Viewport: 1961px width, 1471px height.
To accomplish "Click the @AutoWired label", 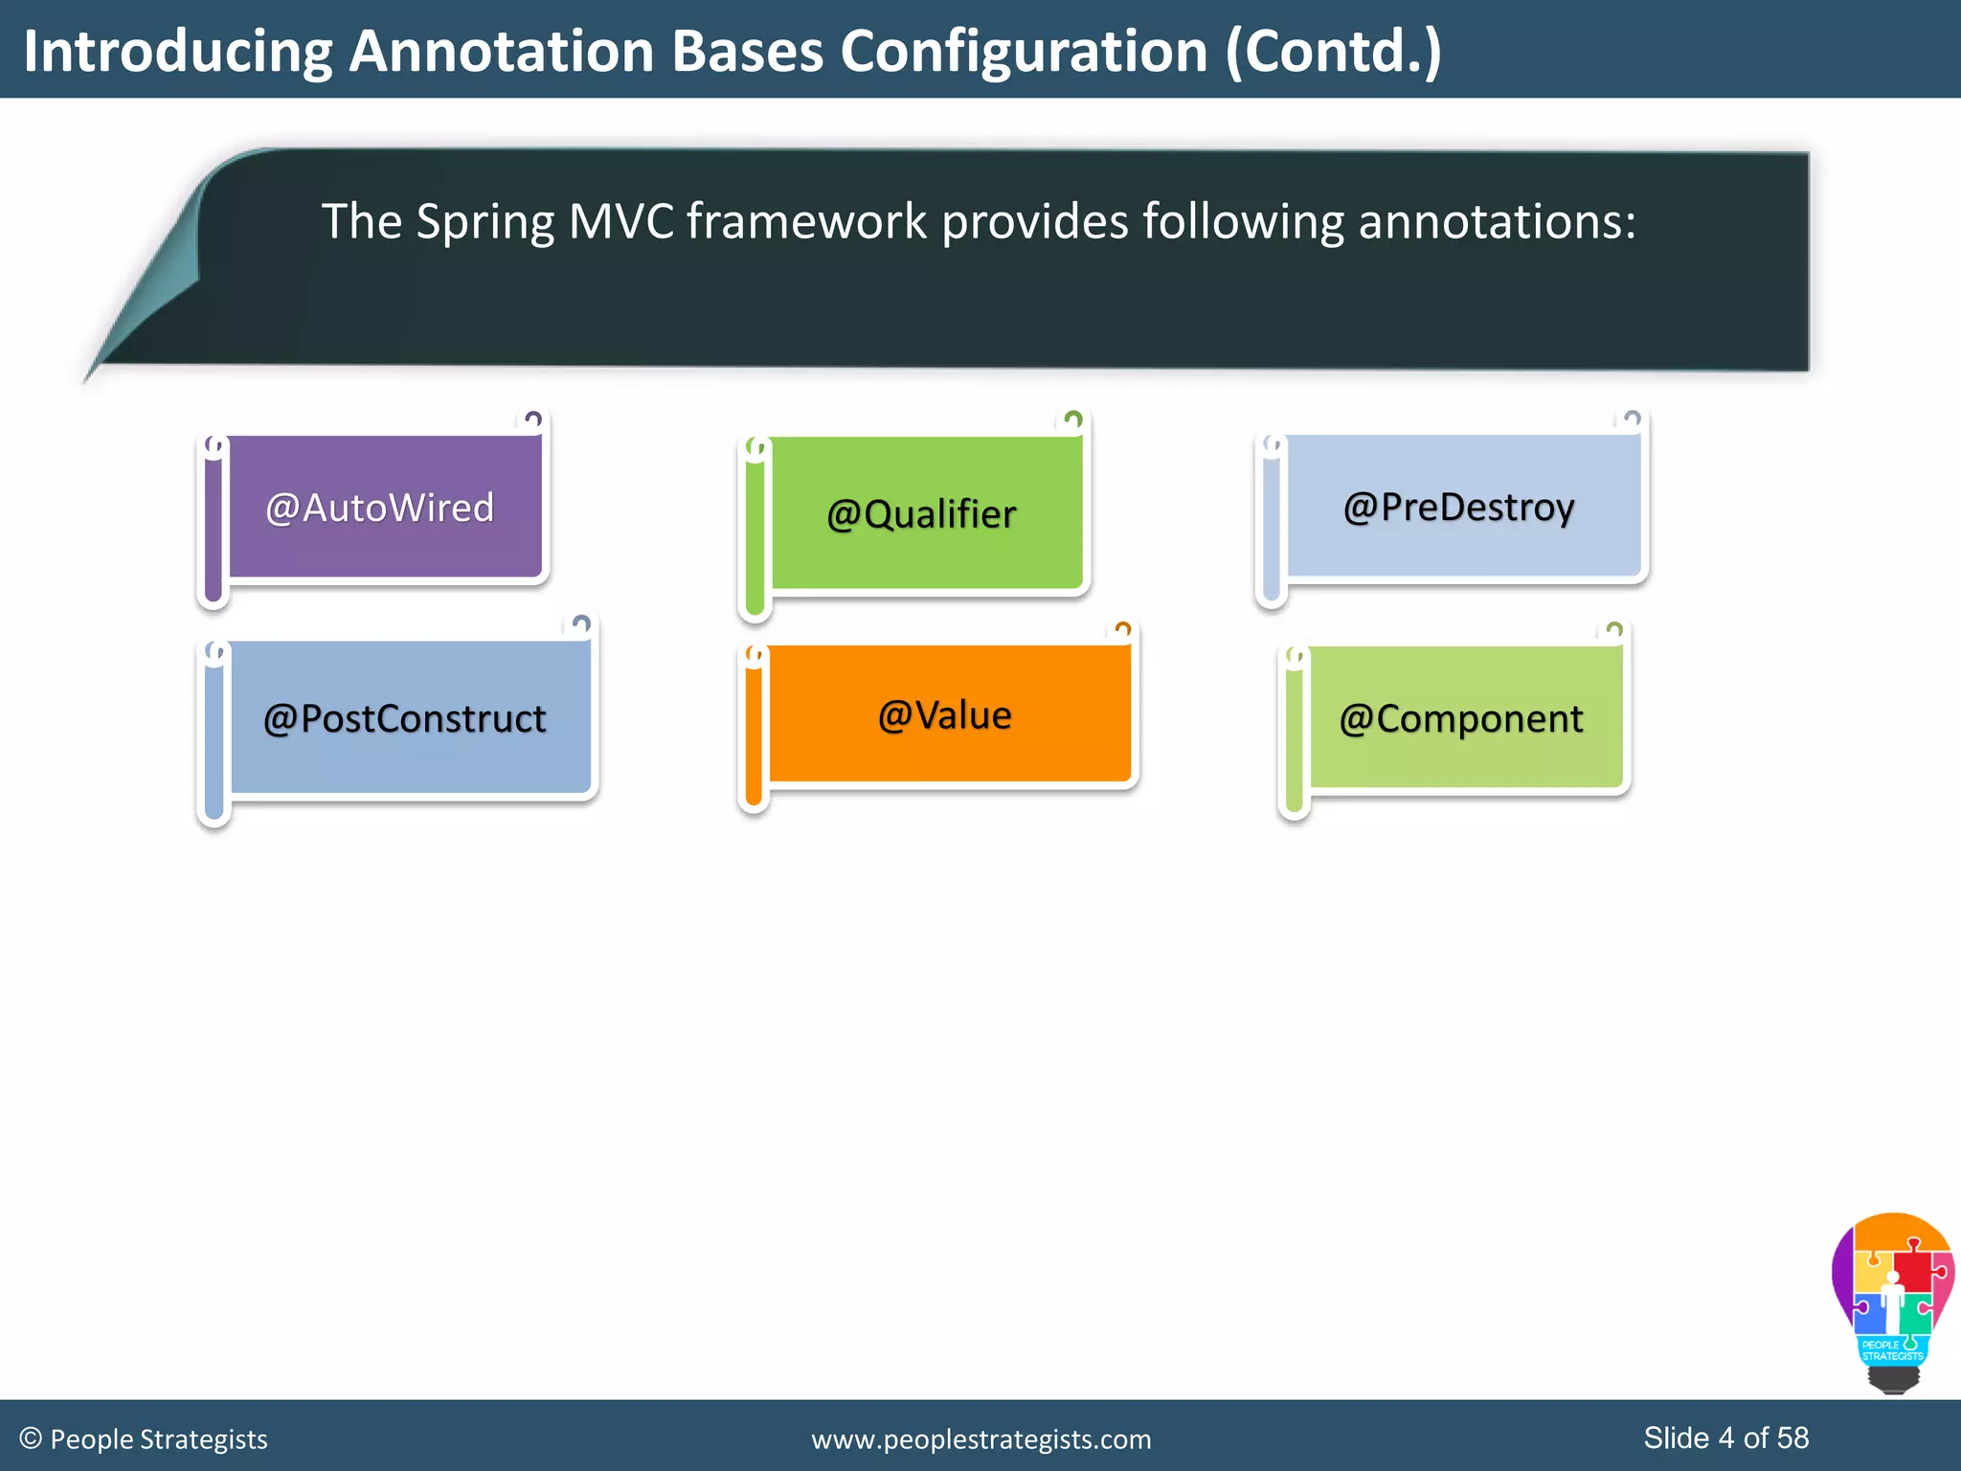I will pyautogui.click(x=380, y=508).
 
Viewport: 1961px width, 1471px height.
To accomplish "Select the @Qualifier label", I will pyautogui.click(x=921, y=514).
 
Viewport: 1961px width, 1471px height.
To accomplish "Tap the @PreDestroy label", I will pyautogui.click(x=1458, y=507).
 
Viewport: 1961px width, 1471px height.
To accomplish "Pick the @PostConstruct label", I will pyautogui.click(x=404, y=718).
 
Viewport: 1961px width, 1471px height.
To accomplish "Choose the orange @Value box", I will pyautogui.click(x=946, y=714).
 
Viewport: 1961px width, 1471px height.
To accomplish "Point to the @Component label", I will pyautogui.click(x=1460, y=718).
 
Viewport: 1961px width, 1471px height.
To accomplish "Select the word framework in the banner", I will pyautogui.click(x=806, y=221).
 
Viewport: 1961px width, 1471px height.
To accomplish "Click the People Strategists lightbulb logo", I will pyautogui.click(x=1892, y=1302).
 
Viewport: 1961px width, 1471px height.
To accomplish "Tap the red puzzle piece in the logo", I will pyautogui.click(x=1914, y=1268).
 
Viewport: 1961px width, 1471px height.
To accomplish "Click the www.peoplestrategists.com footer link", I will pyautogui.click(x=980, y=1439).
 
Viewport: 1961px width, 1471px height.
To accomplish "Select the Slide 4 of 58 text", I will pyautogui.click(x=1725, y=1437).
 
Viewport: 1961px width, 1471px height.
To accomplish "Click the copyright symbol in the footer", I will pyautogui.click(x=31, y=1438).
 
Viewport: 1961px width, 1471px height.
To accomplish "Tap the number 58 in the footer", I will pyautogui.click(x=1792, y=1437).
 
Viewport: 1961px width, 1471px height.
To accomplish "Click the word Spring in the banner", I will pyautogui.click(x=485, y=223).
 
